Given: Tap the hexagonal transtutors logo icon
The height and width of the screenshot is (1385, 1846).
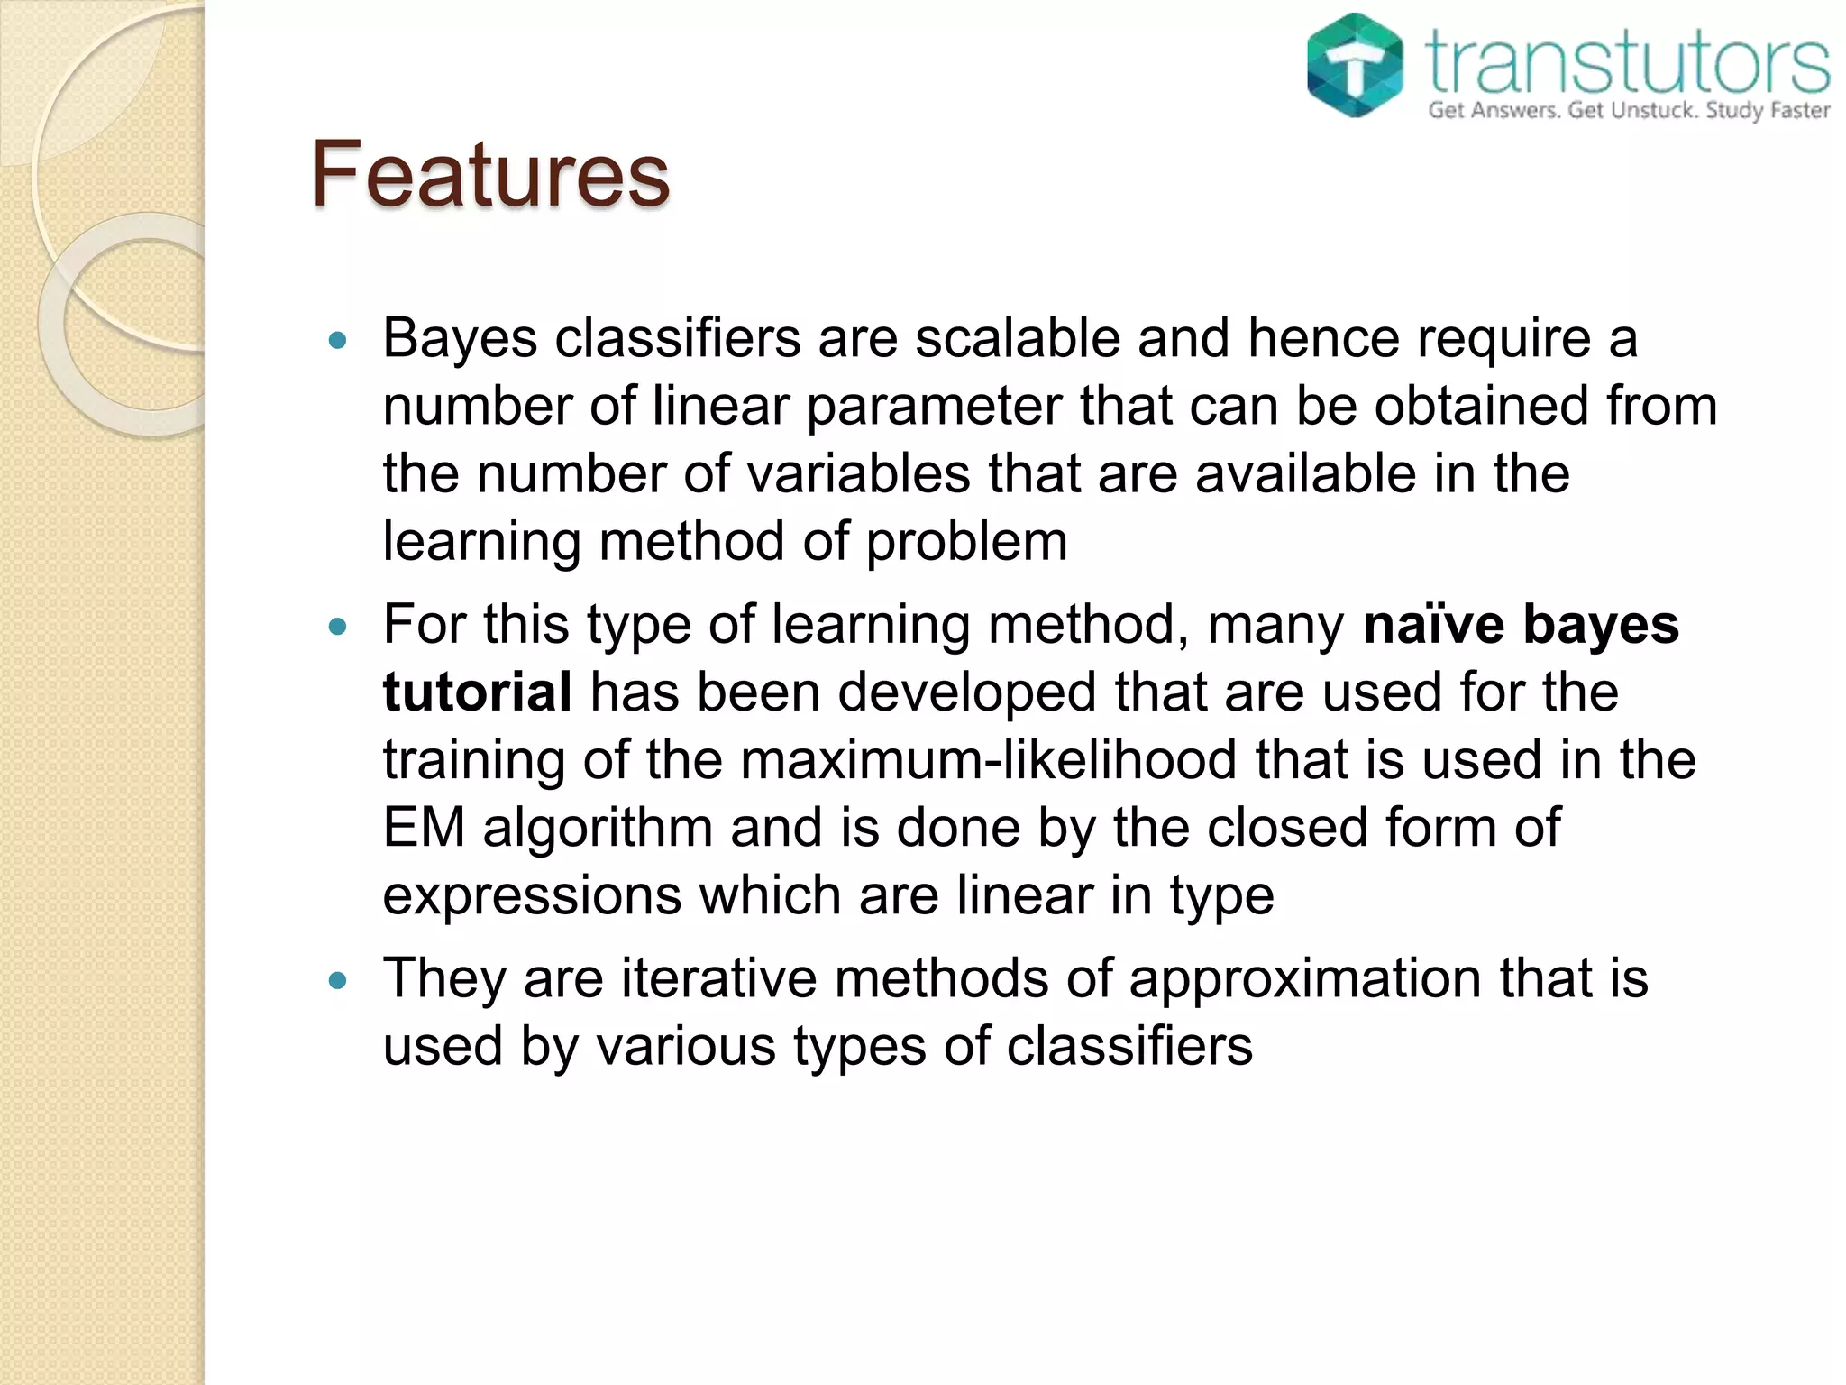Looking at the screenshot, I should [x=1355, y=65].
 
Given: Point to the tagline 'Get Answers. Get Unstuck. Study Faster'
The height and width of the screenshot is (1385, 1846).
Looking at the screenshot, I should [x=1629, y=111].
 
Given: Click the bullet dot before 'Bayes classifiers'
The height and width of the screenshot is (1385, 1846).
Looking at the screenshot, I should [x=338, y=341].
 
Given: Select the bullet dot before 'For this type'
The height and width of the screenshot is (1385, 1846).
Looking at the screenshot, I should [x=338, y=627].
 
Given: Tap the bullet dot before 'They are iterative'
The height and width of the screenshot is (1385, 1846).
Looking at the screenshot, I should [x=338, y=981].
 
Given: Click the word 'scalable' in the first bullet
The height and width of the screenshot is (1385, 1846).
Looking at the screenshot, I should [x=1018, y=338].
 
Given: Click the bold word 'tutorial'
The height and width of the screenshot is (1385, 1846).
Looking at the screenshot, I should [x=477, y=692].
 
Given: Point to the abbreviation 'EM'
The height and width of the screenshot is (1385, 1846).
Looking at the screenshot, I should [x=424, y=827].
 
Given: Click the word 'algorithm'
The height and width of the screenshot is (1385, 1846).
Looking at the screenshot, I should [x=598, y=829].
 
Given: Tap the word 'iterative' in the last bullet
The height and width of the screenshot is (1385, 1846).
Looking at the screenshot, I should [x=718, y=977].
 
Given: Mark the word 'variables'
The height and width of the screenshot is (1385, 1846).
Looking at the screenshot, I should [x=857, y=473].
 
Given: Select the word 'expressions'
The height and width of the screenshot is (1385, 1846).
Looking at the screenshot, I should [x=532, y=896].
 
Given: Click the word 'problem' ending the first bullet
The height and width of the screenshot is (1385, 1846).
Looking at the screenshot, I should [x=966, y=543].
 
